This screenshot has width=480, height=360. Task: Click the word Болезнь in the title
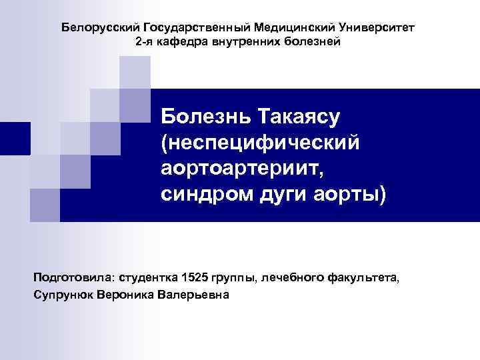click(198, 117)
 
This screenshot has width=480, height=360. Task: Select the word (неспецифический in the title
click(261, 143)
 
